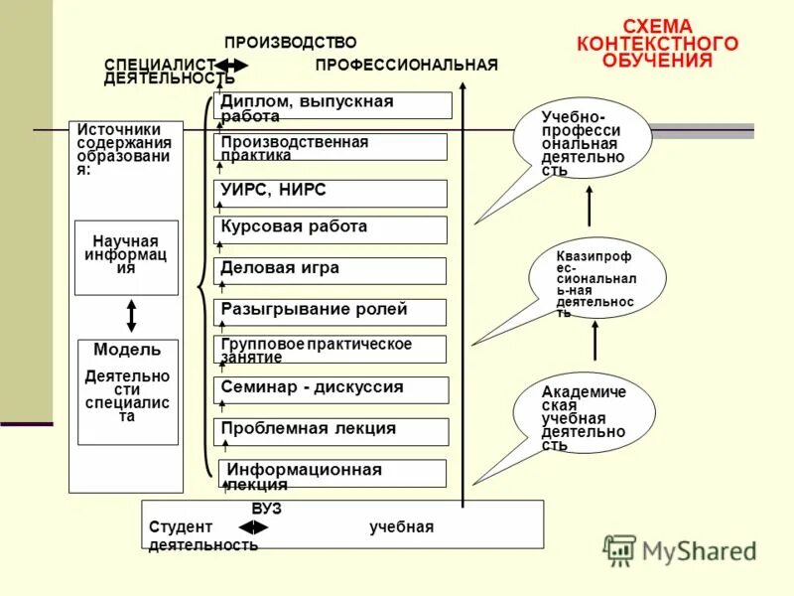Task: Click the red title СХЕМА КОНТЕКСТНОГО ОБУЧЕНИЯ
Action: pos(658,43)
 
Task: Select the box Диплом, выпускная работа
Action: pos(332,106)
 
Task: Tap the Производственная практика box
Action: pos(331,147)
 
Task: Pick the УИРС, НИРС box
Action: pos(331,193)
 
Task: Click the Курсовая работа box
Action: pos(331,229)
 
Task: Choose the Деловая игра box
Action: pos(331,270)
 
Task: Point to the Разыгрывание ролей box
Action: pos(331,312)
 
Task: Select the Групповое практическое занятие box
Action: pos(331,349)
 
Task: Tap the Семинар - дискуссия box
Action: pos(331,390)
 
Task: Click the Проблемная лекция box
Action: pos(331,432)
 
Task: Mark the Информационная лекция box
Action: pos(332,474)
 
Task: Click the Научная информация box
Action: pos(126,257)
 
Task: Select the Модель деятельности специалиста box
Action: pos(128,391)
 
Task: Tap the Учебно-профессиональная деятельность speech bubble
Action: pos(583,141)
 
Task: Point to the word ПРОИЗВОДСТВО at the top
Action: pos(290,43)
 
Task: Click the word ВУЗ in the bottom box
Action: pos(266,508)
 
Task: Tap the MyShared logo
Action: pos(681,550)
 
